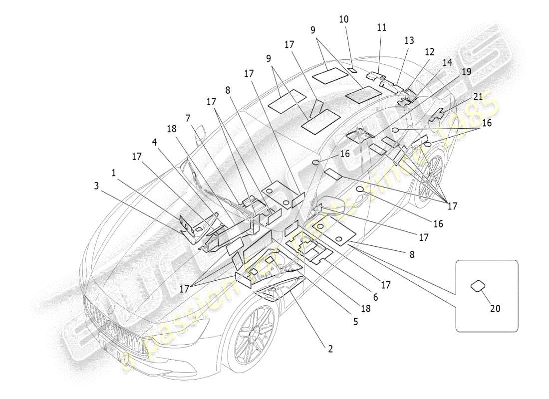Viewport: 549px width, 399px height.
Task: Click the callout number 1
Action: click(x=114, y=173)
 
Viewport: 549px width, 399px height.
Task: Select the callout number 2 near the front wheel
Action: click(x=330, y=349)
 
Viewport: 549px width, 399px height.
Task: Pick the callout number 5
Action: click(x=355, y=322)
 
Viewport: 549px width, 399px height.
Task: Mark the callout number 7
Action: click(x=188, y=118)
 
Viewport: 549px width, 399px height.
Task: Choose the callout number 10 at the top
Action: click(x=344, y=19)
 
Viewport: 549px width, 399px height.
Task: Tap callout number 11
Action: click(x=382, y=28)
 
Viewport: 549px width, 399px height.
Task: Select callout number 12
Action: click(x=430, y=51)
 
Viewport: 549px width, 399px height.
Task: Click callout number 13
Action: click(x=409, y=40)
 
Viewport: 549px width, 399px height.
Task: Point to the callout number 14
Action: click(x=447, y=62)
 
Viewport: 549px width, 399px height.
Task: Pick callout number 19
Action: click(x=466, y=71)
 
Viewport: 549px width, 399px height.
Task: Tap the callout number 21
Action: click(x=478, y=97)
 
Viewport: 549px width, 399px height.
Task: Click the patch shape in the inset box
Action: click(x=478, y=285)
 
